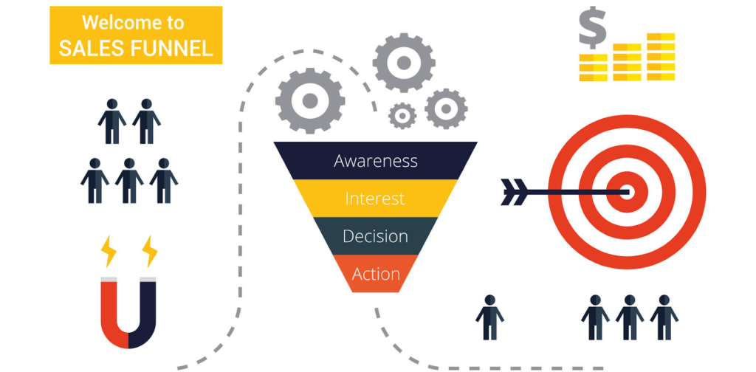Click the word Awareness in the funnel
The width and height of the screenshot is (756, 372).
tap(375, 160)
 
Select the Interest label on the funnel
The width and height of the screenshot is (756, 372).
tap(374, 198)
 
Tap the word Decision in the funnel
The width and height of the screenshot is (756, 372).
tap(375, 236)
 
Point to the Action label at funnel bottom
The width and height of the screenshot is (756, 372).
tap(376, 274)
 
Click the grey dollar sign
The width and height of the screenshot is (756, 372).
tap(593, 27)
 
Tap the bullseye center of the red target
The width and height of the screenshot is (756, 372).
tap(626, 192)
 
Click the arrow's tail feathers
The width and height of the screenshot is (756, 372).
tap(514, 192)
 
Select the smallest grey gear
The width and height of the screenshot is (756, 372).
tap(402, 116)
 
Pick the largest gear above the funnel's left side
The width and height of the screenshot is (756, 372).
tap(310, 100)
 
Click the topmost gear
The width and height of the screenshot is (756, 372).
tap(404, 63)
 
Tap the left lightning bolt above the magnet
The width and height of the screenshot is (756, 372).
tap(109, 251)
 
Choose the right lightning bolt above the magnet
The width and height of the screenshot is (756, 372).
tap(150, 251)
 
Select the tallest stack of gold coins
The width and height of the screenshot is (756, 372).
tap(661, 56)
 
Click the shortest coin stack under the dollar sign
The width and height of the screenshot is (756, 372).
tap(593, 67)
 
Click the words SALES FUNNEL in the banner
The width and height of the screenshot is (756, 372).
tap(136, 48)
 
